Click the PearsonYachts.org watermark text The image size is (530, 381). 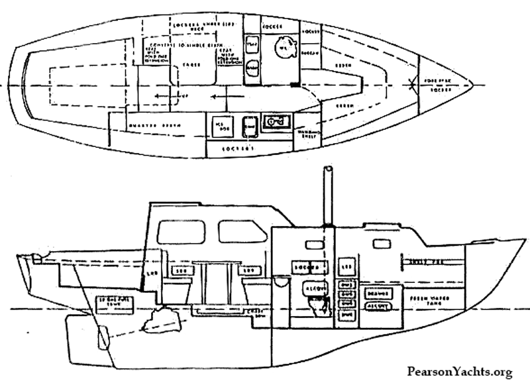click(x=460, y=372)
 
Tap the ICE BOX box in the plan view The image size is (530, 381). click(x=219, y=125)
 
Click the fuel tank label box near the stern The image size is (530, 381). click(x=111, y=299)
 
